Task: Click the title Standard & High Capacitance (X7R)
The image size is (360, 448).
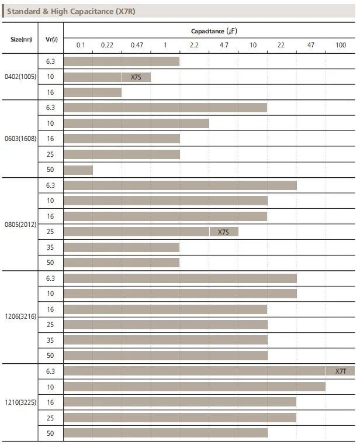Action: (71, 11)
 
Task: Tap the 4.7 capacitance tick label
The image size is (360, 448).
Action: (224, 45)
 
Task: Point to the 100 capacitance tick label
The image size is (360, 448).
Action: (341, 45)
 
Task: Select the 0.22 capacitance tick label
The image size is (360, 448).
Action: (107, 45)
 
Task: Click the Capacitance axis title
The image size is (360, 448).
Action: (214, 30)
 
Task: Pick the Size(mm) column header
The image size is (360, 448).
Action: (21, 39)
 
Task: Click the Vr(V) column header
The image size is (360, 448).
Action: (51, 39)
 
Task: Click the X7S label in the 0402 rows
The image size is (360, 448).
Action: (136, 77)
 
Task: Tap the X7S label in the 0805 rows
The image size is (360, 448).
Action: (223, 232)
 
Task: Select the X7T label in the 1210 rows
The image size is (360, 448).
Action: (341, 371)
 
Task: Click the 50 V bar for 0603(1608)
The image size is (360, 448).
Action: (78, 170)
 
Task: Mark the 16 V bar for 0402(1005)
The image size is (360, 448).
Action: (92, 92)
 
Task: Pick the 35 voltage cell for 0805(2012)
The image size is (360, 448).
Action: (51, 247)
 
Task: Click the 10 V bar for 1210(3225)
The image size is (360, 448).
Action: (194, 387)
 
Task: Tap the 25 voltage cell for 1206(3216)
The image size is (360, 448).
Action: (51, 325)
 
